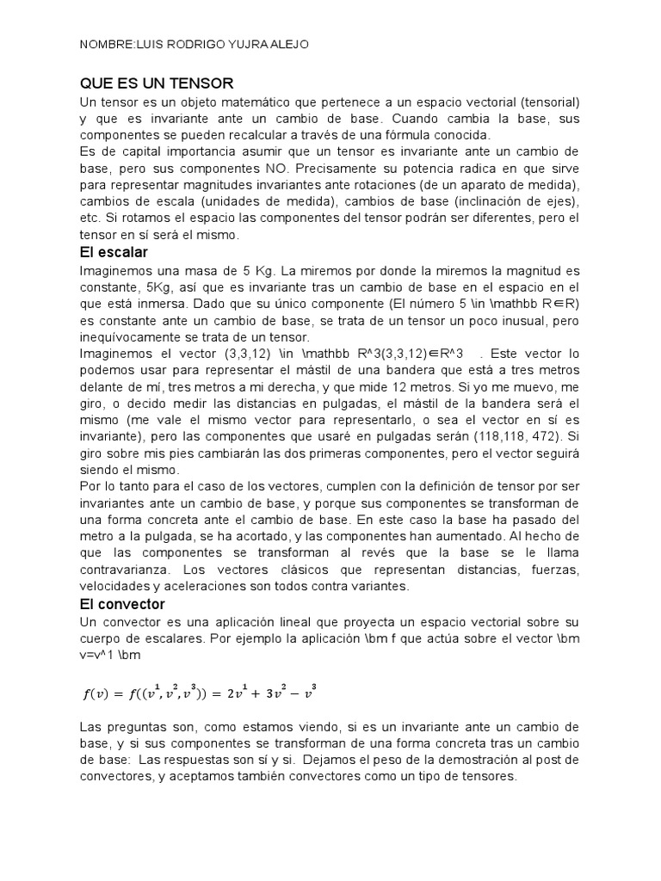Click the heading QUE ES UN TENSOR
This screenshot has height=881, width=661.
point(157,83)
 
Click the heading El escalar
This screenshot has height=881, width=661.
point(114,252)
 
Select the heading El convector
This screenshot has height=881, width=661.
point(122,604)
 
